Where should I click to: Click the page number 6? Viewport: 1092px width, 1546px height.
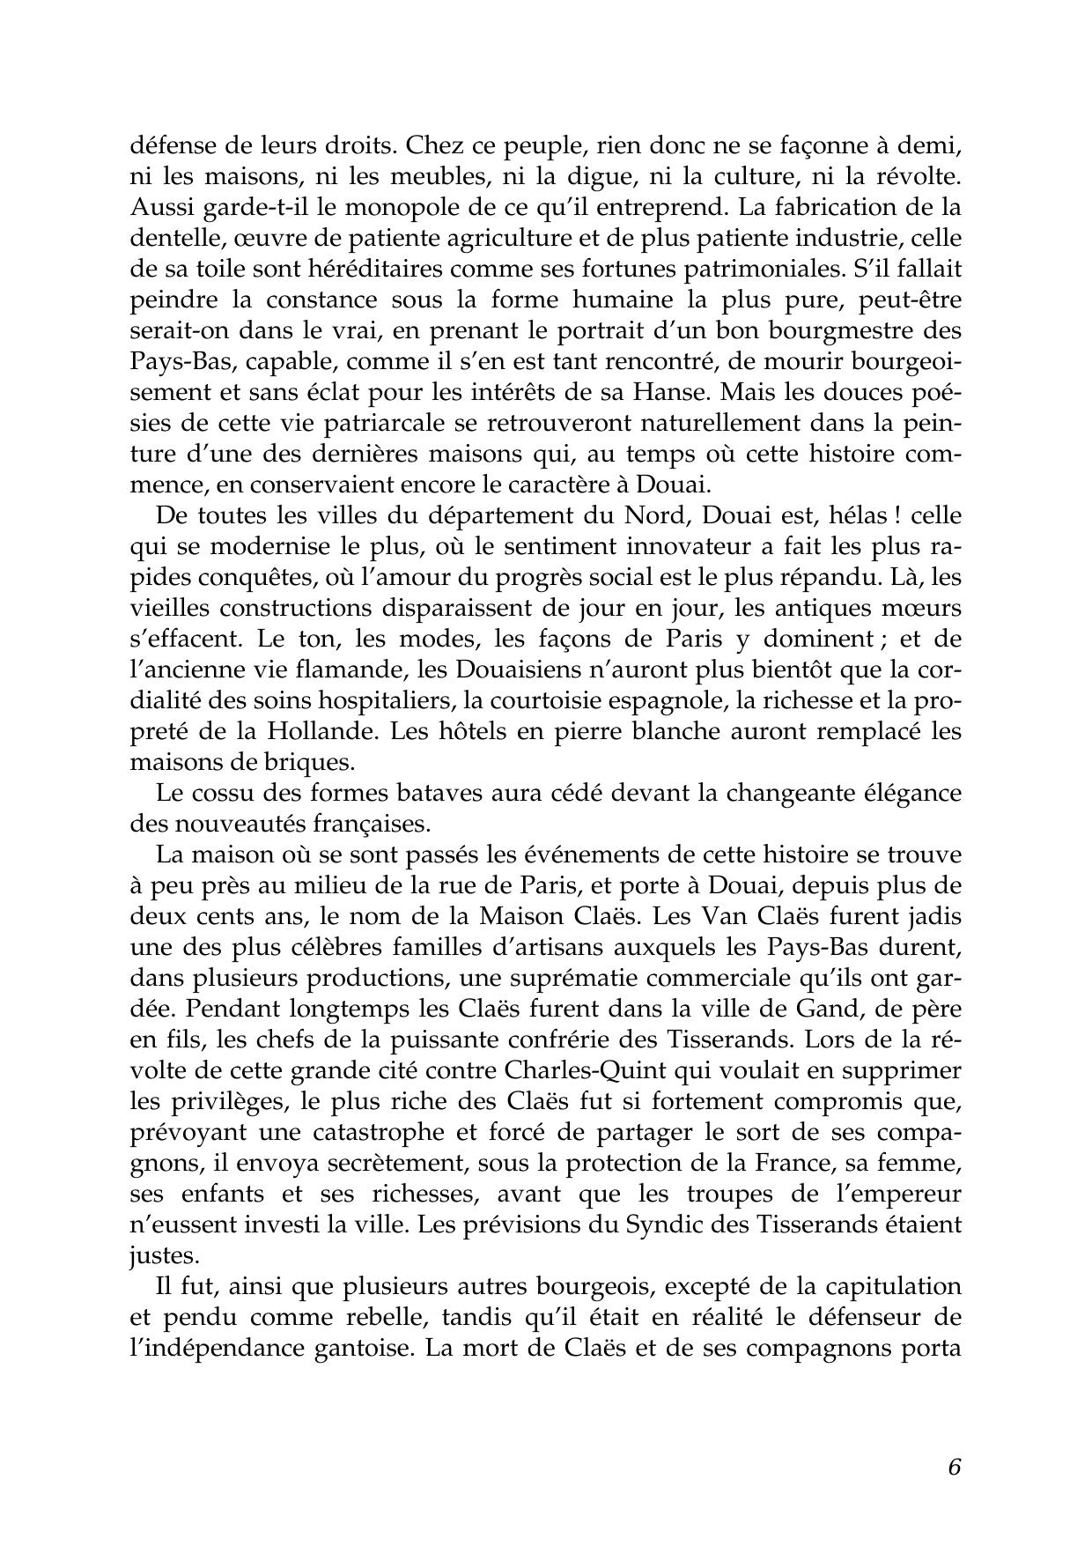tap(954, 1468)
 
